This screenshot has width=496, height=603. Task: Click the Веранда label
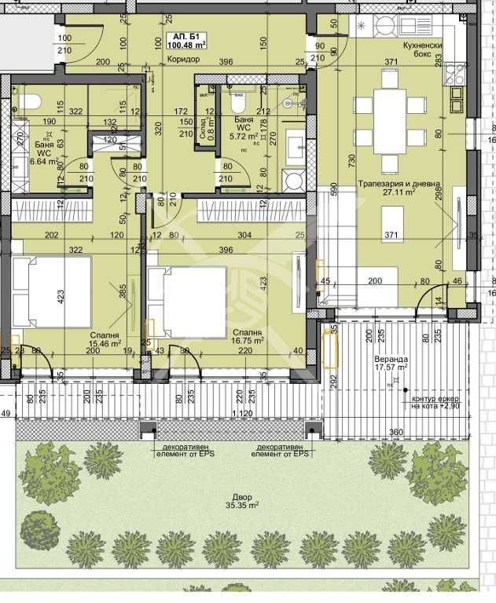391,356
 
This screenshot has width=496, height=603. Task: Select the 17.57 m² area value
391,367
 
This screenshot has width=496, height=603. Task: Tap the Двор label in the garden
242,497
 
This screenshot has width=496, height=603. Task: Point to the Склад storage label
202,124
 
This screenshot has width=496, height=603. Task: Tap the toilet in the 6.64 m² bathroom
28,102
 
